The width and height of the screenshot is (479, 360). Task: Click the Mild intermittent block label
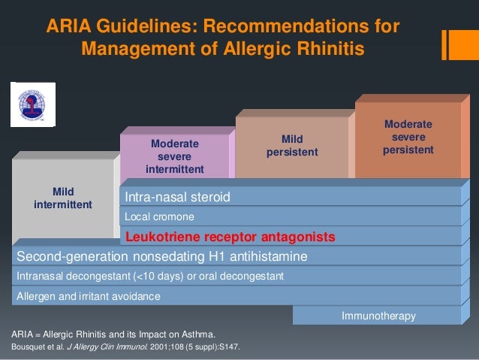(x=63, y=198)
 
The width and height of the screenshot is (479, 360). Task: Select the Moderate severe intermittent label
(x=174, y=156)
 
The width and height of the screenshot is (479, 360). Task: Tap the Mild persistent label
(x=292, y=146)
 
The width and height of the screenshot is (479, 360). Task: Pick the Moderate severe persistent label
(x=408, y=137)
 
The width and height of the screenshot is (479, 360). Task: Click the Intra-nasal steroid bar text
(x=177, y=198)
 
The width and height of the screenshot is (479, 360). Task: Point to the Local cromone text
(x=159, y=217)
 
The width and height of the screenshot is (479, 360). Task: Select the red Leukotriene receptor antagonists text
(x=230, y=237)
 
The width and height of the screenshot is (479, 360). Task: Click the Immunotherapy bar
(x=378, y=316)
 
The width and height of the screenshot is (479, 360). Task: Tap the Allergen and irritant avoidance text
(x=89, y=296)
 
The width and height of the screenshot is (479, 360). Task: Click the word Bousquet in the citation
(x=31, y=348)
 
